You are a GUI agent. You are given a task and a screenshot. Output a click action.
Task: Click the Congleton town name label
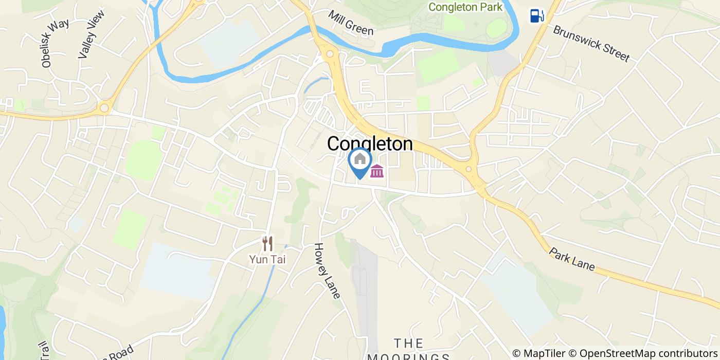tap(370, 144)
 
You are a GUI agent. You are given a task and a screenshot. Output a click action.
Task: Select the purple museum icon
tap(377, 171)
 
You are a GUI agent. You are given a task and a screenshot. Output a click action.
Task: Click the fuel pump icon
tap(537, 16)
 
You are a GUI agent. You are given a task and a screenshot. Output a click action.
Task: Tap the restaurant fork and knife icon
tap(267, 243)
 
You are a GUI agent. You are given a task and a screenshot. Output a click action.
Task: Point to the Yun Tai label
tap(267, 259)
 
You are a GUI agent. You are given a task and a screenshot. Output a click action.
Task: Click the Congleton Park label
tap(465, 7)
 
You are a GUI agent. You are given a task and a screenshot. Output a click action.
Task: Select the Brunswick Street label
tap(591, 43)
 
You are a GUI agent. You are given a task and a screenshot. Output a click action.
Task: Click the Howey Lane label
tap(327, 271)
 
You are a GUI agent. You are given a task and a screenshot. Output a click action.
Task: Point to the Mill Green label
tap(351, 23)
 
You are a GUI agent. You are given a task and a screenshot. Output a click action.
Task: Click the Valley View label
tap(92, 34)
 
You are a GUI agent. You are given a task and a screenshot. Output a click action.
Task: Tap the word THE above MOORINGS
tap(409, 343)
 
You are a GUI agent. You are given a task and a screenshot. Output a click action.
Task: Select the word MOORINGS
tap(409, 356)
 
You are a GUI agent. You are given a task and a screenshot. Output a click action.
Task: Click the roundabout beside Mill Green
tap(329, 53)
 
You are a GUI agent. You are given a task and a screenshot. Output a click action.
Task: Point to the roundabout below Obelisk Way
tap(104, 107)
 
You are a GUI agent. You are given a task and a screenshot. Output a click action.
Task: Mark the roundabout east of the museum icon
tap(468, 169)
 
